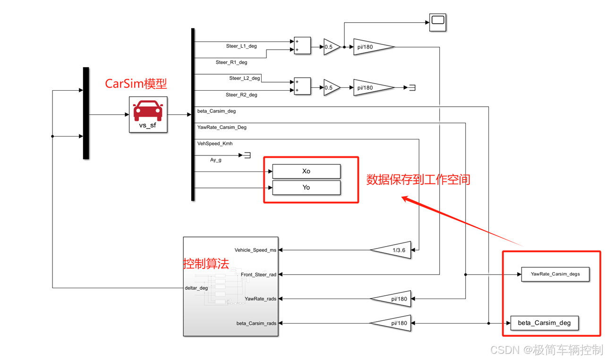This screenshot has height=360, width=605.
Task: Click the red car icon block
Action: click(148, 110)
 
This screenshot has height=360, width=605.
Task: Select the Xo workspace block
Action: click(306, 171)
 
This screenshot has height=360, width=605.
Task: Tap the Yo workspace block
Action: click(306, 188)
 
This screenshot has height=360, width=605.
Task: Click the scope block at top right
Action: click(437, 22)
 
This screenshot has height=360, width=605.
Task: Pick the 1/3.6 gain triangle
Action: click(392, 250)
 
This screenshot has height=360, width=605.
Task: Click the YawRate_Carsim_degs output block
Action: click(555, 274)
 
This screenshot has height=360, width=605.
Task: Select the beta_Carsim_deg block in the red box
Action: click(544, 323)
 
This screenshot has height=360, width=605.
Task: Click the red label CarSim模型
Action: click(136, 84)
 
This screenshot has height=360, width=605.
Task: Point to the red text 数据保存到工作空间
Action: click(418, 180)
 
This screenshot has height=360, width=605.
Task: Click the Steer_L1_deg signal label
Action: click(241, 46)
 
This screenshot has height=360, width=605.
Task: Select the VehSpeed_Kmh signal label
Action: click(215, 144)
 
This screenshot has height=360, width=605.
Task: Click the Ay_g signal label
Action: click(216, 160)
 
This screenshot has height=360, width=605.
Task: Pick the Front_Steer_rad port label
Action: click(258, 274)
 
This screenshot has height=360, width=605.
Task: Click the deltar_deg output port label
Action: click(196, 288)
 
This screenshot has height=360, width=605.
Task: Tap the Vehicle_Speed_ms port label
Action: click(256, 250)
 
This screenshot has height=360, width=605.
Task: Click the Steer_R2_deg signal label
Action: click(241, 95)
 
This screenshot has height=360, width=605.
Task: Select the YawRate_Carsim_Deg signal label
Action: click(222, 128)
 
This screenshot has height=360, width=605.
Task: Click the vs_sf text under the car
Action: click(148, 125)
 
